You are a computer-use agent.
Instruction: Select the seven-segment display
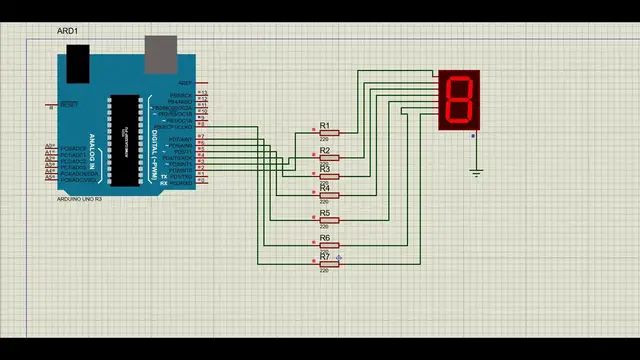[x=459, y=100]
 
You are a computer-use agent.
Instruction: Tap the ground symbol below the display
[x=476, y=172]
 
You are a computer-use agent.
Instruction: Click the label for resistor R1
[x=324, y=126]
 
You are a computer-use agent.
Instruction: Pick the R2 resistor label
[x=324, y=151]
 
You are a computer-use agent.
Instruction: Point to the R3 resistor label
[x=324, y=169]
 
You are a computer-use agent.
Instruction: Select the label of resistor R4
[x=324, y=188]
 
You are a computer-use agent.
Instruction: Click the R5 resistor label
[x=324, y=213]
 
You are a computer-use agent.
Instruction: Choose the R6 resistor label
[x=324, y=238]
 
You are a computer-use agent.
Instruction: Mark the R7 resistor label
[x=324, y=257]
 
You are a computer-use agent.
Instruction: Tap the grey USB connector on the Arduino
[x=160, y=54]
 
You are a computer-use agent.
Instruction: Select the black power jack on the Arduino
[x=78, y=62]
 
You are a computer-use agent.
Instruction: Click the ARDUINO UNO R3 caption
[x=80, y=199]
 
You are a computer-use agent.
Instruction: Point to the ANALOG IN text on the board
[x=93, y=150]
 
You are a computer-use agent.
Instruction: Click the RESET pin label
[x=69, y=103]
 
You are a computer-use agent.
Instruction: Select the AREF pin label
[x=185, y=83]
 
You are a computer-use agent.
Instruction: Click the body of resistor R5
[x=329, y=220]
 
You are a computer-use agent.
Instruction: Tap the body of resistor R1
[x=329, y=133]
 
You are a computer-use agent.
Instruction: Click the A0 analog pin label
[x=50, y=146]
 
